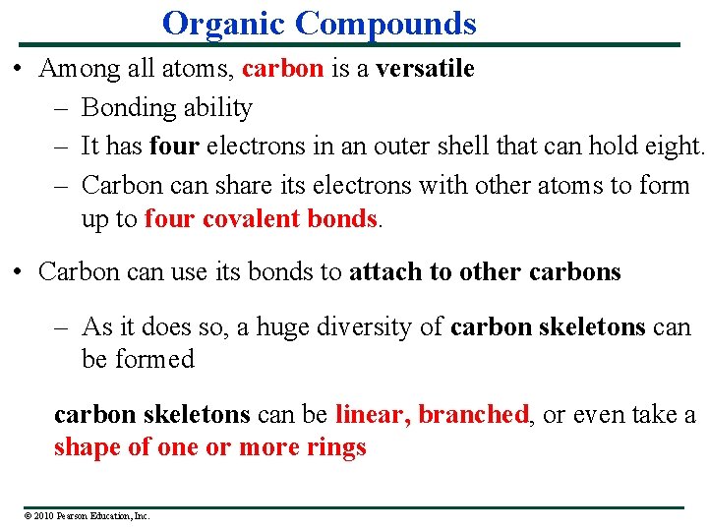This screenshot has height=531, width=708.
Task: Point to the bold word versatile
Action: point(425,69)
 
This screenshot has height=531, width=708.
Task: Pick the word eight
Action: point(672,147)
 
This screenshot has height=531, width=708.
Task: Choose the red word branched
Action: point(473,415)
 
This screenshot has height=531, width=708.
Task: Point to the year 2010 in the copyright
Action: point(44,515)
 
